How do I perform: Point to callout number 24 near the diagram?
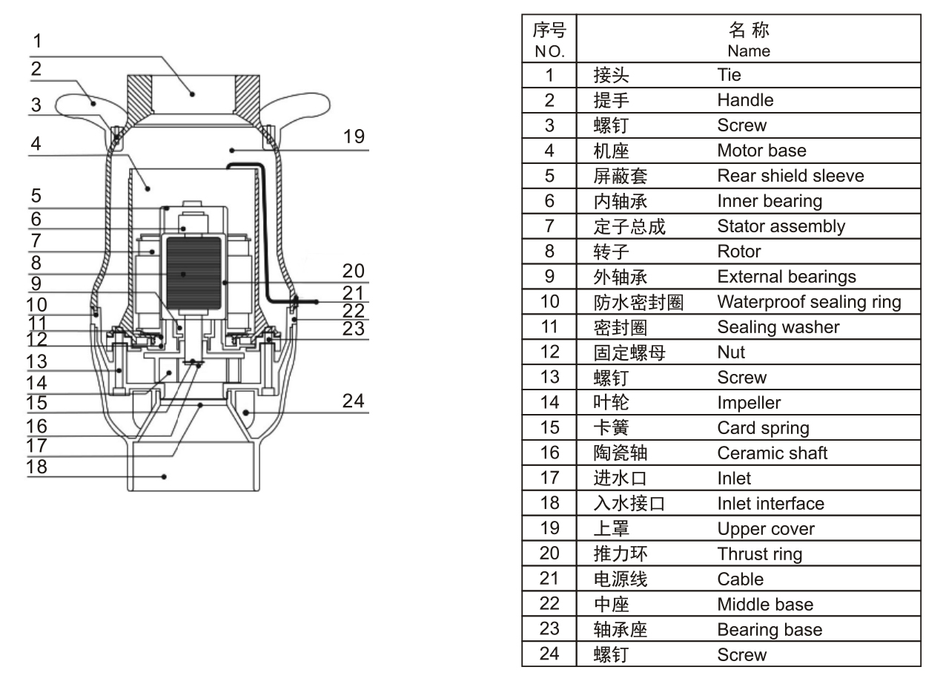point(354,401)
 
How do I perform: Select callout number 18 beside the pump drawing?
point(37,467)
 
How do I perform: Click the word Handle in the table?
point(745,100)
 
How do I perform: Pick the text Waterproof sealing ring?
point(809,302)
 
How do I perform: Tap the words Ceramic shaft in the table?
point(772,453)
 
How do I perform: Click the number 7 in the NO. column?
point(549,226)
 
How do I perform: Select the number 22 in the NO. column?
point(549,605)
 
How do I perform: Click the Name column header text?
point(748,51)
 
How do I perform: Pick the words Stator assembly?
point(781,226)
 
